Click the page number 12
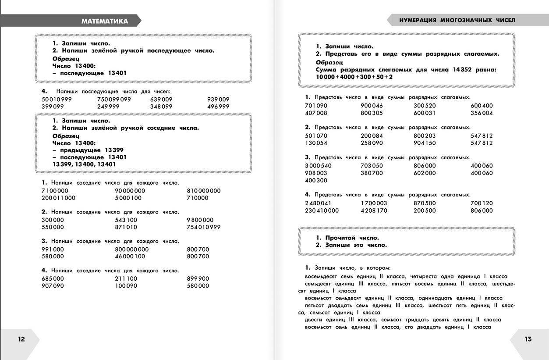pos(21,339)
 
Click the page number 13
pos(528,339)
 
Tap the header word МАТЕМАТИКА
pos(105,21)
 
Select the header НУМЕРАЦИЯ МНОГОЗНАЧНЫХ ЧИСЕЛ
pos(457,20)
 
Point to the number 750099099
pos(114,100)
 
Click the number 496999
pos(218,107)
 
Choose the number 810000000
pos(204,191)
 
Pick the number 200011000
pos(58,198)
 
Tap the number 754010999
pos(204,227)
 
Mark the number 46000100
pos(130,257)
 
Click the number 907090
pos(53,286)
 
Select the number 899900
pos(198,278)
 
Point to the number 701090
pos(316,106)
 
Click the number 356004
pos(482,113)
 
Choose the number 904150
pos(425,143)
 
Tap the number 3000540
pos(318,166)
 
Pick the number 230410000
pos(322,210)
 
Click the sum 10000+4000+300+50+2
pos(354,77)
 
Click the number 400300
pos(316,180)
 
